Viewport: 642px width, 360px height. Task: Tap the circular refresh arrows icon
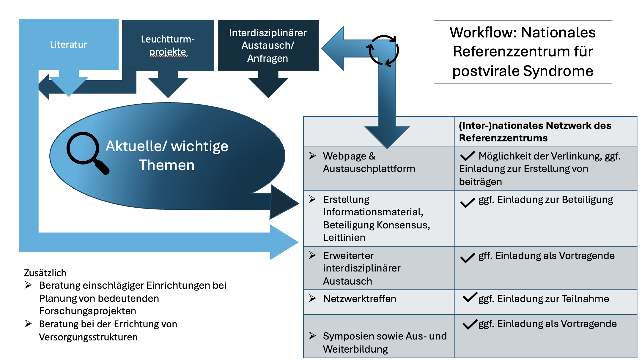tap(383, 50)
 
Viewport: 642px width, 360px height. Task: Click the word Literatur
tap(68, 45)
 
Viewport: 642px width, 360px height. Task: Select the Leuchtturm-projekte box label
tap(168, 45)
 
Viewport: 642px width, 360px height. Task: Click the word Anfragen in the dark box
tap(267, 59)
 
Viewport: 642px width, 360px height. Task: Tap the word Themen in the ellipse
tap(167, 165)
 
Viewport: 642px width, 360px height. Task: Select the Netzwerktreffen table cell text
tap(360, 299)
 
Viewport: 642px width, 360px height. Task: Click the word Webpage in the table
tap(345, 156)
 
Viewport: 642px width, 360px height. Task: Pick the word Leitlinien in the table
tap(344, 238)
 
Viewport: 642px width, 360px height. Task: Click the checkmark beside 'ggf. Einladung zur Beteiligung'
tap(468, 203)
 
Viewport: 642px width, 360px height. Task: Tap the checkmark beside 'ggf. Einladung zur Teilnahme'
tap(470, 297)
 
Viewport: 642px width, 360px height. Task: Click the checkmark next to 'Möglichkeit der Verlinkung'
tap(468, 156)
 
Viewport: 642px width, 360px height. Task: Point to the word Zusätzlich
tap(45, 273)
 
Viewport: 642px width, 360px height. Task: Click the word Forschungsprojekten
tap(88, 311)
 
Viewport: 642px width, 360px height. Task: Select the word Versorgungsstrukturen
tap(88, 337)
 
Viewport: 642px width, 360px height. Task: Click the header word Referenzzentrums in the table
tap(503, 138)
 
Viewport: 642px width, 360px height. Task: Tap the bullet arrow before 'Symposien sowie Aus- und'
tap(312, 336)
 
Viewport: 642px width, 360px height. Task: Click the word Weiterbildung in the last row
tap(355, 349)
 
